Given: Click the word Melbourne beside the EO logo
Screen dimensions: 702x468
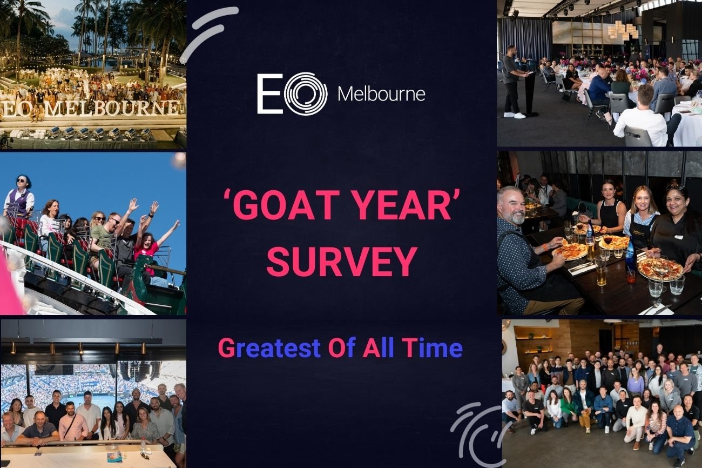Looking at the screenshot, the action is [381, 94].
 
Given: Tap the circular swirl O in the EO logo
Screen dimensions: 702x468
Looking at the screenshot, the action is [306, 93].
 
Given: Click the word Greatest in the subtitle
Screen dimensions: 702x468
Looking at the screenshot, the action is [269, 348].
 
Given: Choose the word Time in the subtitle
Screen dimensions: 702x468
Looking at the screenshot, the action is [434, 348].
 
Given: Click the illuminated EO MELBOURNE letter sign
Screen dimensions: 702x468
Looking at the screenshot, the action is [91, 108].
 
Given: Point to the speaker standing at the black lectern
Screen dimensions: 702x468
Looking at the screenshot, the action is [512, 82].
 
